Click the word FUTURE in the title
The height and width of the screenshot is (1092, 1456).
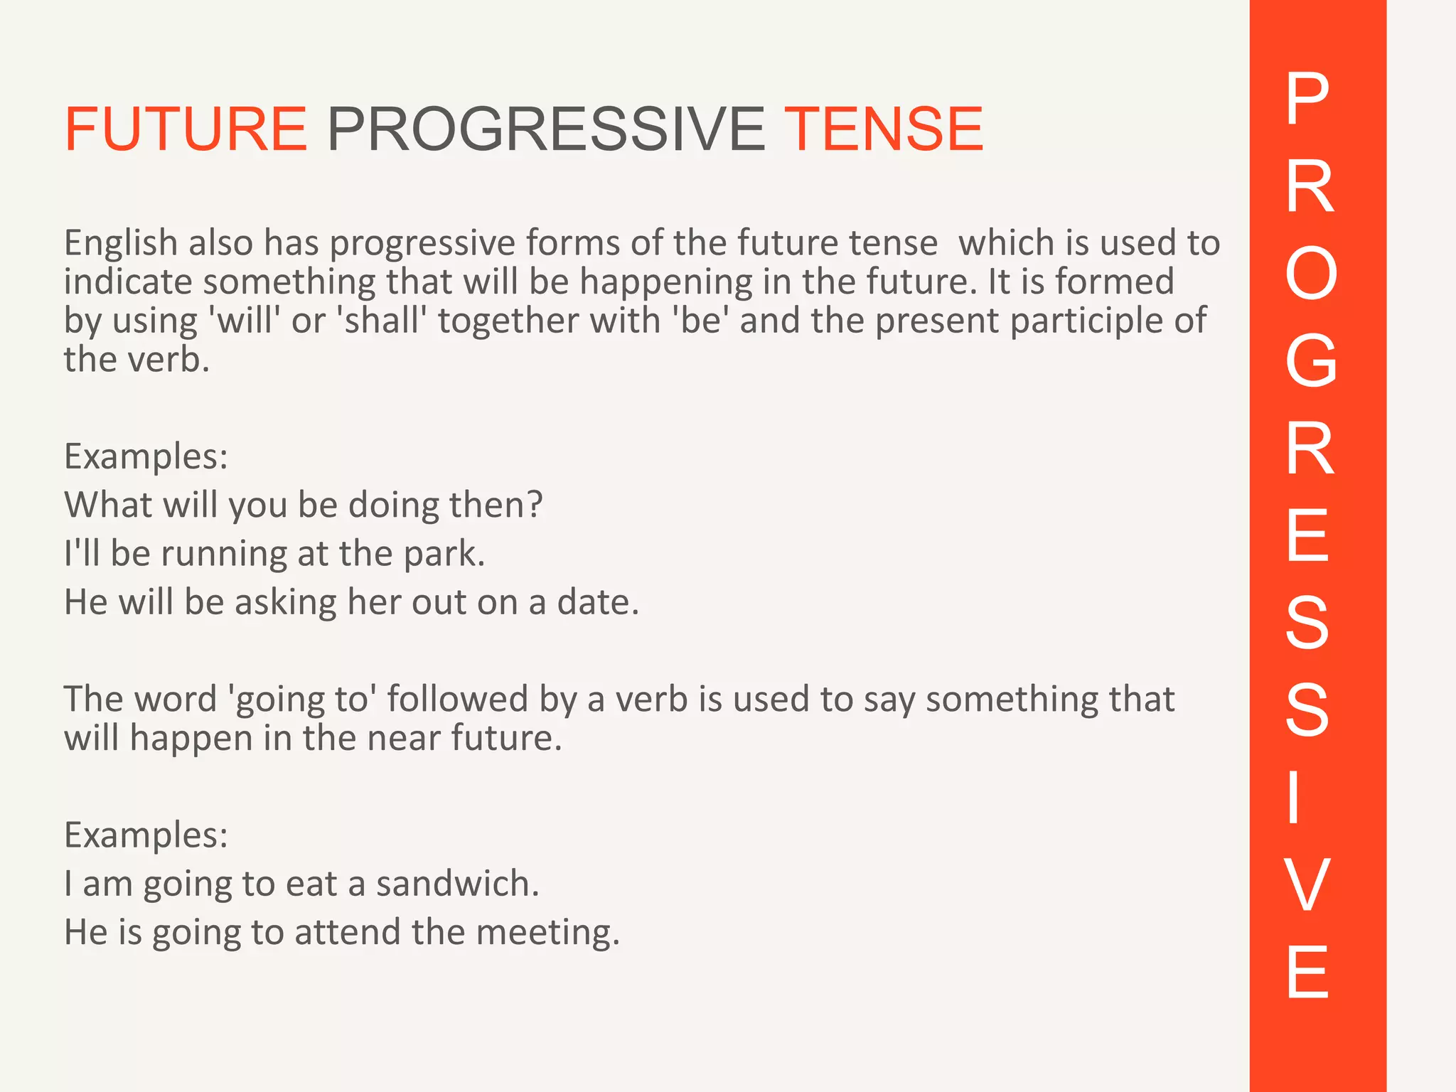[186, 129]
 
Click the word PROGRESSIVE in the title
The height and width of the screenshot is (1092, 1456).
[546, 129]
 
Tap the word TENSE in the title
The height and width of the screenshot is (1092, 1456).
[883, 129]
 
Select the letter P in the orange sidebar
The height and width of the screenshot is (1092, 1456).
[1307, 100]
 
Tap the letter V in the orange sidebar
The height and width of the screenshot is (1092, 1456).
[1307, 886]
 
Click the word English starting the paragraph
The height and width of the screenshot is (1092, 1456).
[121, 244]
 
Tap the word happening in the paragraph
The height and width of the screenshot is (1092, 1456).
[665, 283]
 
